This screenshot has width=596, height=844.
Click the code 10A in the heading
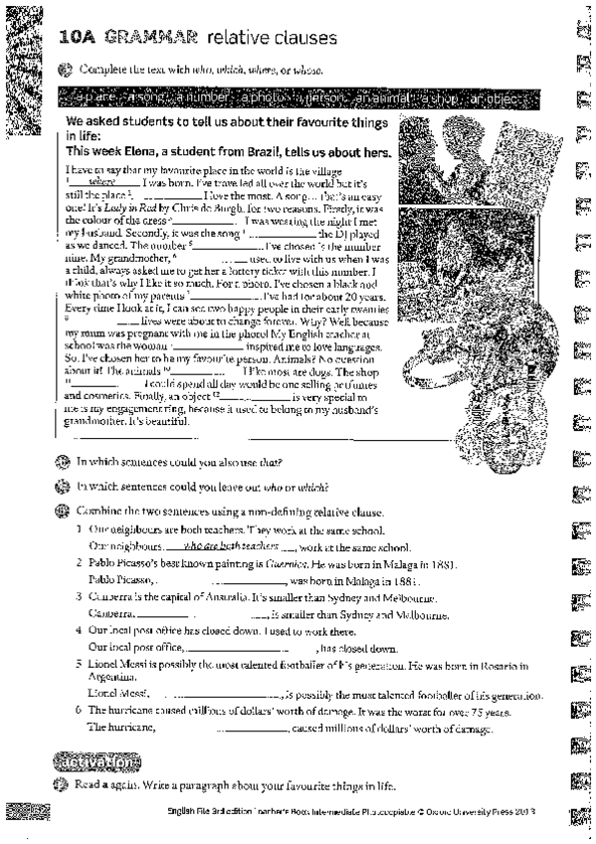click(x=77, y=38)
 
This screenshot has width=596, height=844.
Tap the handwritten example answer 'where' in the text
click(x=101, y=182)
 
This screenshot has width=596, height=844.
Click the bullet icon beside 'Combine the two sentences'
click(x=65, y=510)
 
